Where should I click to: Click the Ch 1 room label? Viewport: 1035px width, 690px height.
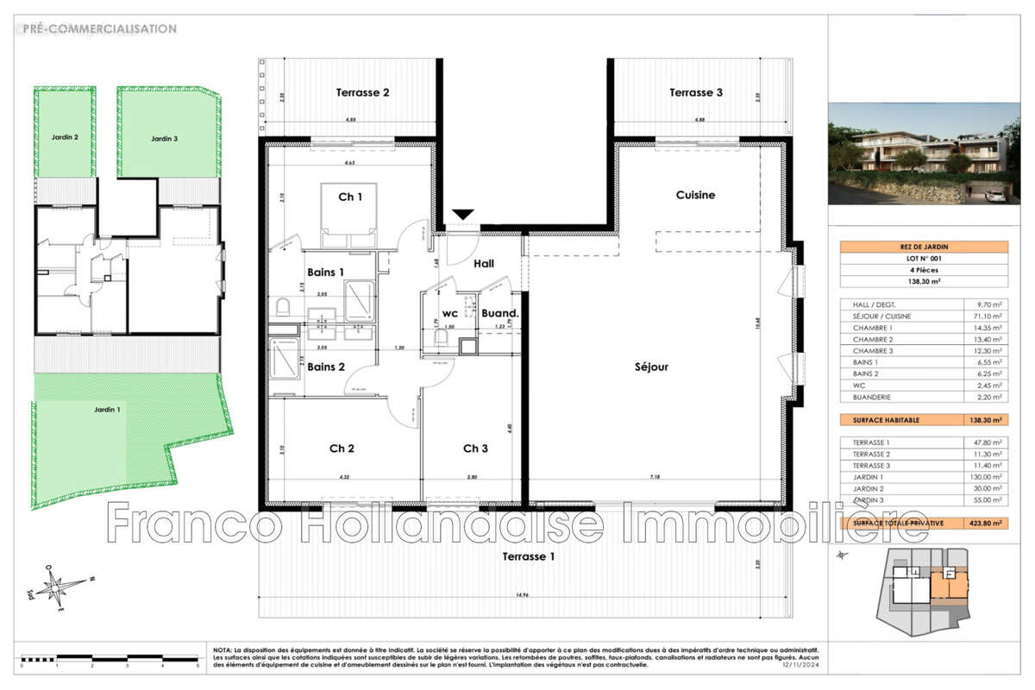click(x=349, y=198)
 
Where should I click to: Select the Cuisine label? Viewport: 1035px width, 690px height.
click(x=695, y=195)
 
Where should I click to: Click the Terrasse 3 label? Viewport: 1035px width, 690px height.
click(x=695, y=92)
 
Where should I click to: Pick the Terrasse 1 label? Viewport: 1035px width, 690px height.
click(x=529, y=556)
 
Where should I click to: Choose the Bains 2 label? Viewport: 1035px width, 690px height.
click(x=326, y=367)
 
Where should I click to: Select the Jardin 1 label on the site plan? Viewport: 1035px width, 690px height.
click(x=108, y=409)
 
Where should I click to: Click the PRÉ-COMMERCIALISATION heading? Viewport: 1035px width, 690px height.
click(x=101, y=29)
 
